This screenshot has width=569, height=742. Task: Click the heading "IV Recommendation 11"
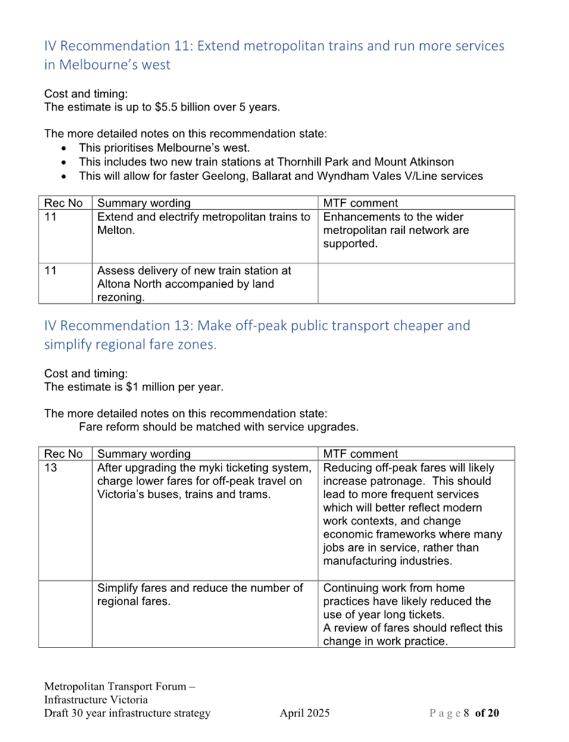(274, 55)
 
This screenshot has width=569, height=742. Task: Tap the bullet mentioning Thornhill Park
(266, 162)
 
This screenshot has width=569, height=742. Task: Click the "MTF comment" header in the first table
(360, 203)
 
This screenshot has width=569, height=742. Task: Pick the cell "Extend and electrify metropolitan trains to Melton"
(204, 224)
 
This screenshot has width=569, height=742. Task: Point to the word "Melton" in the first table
(116, 230)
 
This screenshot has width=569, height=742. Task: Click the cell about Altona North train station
(194, 284)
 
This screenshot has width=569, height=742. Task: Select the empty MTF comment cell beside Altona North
(415, 283)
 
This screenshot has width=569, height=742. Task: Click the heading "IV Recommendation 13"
(257, 334)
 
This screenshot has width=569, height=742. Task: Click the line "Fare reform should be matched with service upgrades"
(218, 427)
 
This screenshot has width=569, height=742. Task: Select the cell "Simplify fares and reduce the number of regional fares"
(200, 595)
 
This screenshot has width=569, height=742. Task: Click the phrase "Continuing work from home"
(393, 588)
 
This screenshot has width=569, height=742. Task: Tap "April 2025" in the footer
(304, 713)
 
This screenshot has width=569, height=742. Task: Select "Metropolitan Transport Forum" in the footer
(115, 686)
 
